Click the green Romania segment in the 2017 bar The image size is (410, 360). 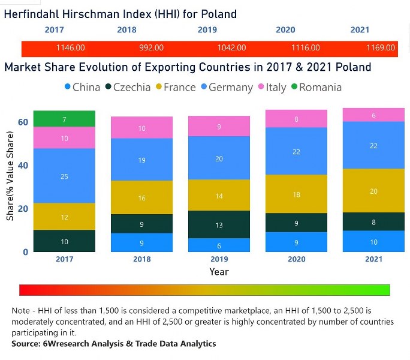coord(64,119)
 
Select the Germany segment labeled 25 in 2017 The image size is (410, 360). coord(64,176)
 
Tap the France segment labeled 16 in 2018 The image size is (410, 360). coord(142,197)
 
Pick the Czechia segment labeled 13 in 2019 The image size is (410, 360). coord(219,224)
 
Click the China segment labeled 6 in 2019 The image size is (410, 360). coord(219,245)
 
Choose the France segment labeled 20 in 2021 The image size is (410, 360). coord(373,191)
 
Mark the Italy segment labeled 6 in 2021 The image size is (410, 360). coord(373,115)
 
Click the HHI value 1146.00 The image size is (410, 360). coord(70,48)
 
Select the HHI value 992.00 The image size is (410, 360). coord(150,48)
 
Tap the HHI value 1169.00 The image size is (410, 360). coord(381,48)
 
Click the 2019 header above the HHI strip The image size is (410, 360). coord(206,30)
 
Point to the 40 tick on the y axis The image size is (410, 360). coord(23,165)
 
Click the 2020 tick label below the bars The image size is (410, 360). coord(296,259)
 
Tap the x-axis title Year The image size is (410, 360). coord(219,272)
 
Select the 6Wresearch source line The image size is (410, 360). coord(114,344)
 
